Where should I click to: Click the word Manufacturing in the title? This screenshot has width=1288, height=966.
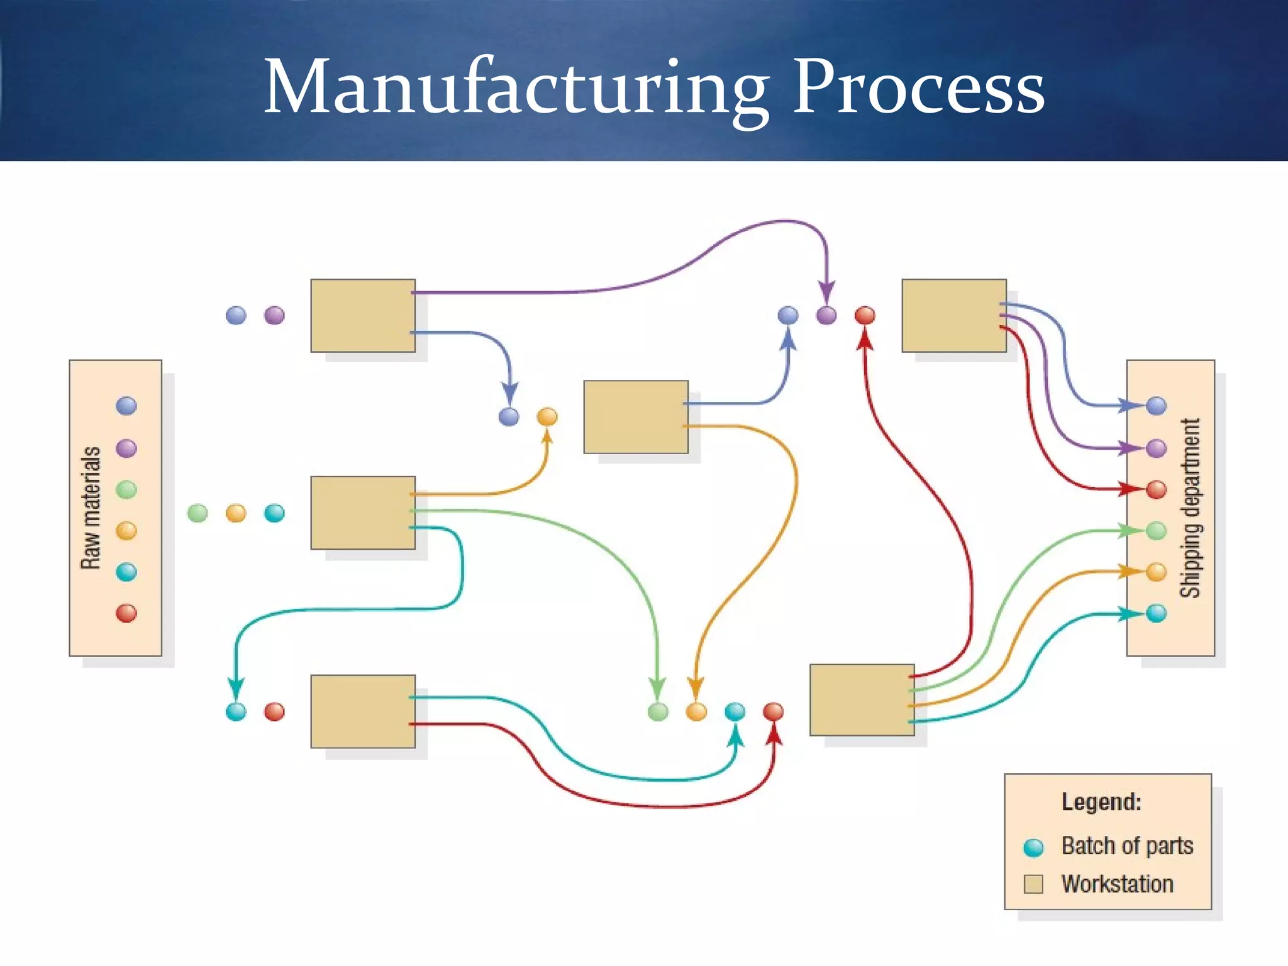[x=516, y=88]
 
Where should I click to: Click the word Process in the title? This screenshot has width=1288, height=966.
[x=918, y=88]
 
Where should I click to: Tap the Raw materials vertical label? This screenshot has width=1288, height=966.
[x=91, y=508]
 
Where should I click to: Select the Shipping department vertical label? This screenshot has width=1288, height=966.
[x=1190, y=508]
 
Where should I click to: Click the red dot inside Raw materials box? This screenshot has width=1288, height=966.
[x=126, y=613]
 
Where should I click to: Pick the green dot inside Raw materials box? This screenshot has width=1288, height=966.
[x=126, y=489]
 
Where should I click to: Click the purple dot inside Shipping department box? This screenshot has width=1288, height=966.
[x=1156, y=448]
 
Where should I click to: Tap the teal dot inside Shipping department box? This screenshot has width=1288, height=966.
[x=1156, y=613]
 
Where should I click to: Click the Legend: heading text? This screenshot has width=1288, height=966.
[x=1101, y=802]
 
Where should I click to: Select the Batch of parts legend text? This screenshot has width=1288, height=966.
[x=1127, y=846]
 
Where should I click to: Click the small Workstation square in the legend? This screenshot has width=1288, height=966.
[x=1033, y=884]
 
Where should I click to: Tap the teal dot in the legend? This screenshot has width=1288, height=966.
[x=1033, y=847]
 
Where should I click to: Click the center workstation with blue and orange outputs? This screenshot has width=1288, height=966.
[x=636, y=417]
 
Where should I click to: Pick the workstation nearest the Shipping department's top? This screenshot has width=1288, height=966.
[x=954, y=316]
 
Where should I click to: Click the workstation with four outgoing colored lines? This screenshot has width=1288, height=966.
[x=862, y=700]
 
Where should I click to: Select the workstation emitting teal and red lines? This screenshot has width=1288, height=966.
[x=363, y=711]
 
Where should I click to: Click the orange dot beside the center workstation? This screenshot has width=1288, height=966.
[x=547, y=416]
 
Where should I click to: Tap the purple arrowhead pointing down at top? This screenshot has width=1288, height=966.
[x=826, y=292]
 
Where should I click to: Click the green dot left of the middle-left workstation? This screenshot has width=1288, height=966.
[x=197, y=513]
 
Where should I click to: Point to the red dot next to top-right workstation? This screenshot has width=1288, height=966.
[x=865, y=315]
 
